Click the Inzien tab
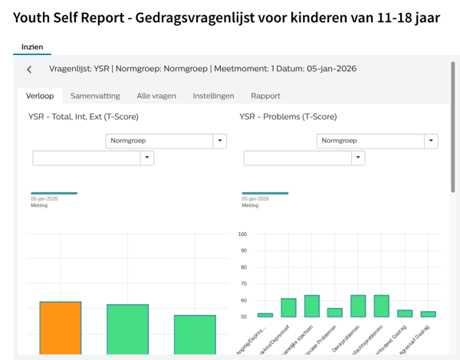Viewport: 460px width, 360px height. point(32,47)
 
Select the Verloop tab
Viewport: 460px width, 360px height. point(39,96)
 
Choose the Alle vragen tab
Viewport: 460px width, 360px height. point(156,96)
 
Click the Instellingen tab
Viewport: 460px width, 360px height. point(214,96)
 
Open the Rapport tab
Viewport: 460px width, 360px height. point(265,96)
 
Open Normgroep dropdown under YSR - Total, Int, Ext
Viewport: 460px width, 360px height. point(166,141)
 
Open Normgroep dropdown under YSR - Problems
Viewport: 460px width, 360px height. point(376,141)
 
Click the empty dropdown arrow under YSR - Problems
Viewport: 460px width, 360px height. point(358,158)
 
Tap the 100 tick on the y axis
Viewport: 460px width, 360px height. point(242,234)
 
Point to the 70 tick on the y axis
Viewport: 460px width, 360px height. point(242,283)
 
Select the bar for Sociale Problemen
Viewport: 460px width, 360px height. point(335,313)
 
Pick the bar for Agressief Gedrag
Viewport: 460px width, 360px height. point(429,314)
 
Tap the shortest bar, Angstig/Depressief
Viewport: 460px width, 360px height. point(265,315)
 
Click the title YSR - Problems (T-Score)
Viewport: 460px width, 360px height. point(287,117)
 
